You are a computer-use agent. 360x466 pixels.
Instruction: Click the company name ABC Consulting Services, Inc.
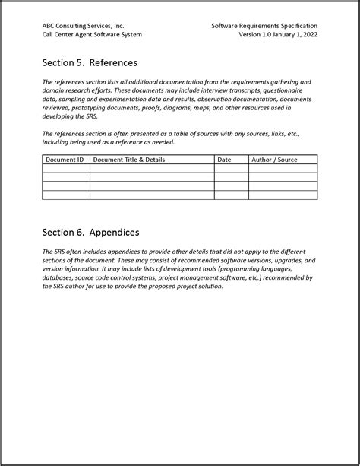[83, 26]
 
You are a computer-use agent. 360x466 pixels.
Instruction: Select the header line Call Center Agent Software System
[92, 35]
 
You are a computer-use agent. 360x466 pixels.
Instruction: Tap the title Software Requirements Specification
[264, 26]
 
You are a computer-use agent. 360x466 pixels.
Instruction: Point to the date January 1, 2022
[295, 35]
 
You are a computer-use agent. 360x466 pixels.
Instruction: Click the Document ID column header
[65, 160]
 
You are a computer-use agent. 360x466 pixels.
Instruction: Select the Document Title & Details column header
[128, 160]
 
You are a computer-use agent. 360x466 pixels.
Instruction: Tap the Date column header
[224, 160]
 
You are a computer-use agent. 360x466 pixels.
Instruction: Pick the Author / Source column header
[274, 160]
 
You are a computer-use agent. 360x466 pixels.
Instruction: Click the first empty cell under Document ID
[65, 169]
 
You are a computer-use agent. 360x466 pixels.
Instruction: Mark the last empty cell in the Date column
[231, 195]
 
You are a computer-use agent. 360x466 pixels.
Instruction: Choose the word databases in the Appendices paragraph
[62, 277]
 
